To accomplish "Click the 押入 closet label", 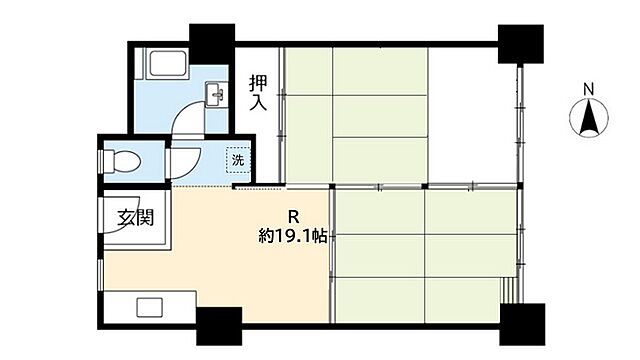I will [258, 92].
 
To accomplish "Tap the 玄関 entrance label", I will [134, 217].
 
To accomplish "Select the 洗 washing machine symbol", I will [237, 160].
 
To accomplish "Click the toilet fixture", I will [123, 160].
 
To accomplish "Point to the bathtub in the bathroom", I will [163, 71].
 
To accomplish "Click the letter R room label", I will [293, 215].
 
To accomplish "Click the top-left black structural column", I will [212, 42].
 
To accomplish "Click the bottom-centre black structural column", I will [218, 326].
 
